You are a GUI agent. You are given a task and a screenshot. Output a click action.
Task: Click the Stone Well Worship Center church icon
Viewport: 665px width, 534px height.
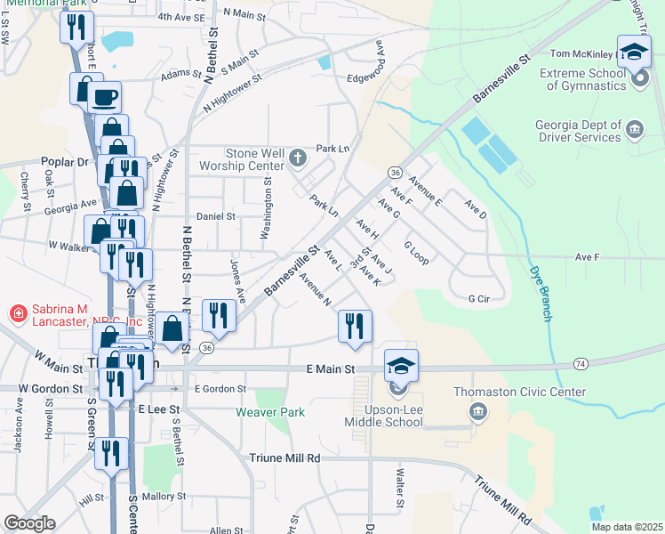(x=298, y=158)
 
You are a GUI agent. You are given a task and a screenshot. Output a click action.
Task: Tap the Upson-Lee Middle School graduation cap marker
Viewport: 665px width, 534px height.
(x=401, y=364)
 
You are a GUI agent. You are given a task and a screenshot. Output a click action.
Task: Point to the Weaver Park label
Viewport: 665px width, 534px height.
(x=270, y=412)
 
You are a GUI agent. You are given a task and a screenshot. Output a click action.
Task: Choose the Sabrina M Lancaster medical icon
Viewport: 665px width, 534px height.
(x=17, y=313)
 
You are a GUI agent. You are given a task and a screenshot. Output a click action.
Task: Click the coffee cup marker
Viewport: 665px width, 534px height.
(x=105, y=95)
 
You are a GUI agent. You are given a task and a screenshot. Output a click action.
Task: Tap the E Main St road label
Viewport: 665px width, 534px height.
(x=330, y=368)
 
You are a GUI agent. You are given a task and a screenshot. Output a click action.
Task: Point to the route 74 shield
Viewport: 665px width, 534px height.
(x=581, y=363)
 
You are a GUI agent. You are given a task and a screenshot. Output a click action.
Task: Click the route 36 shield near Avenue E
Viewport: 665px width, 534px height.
(x=395, y=171)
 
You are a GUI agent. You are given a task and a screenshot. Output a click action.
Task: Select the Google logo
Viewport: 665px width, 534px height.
(x=29, y=523)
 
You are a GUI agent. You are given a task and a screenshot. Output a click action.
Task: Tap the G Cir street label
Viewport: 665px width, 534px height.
(x=479, y=298)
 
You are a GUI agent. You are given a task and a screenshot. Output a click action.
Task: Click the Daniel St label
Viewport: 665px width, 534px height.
(x=215, y=216)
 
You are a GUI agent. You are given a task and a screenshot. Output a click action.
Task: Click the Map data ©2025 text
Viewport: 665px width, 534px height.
(x=626, y=527)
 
